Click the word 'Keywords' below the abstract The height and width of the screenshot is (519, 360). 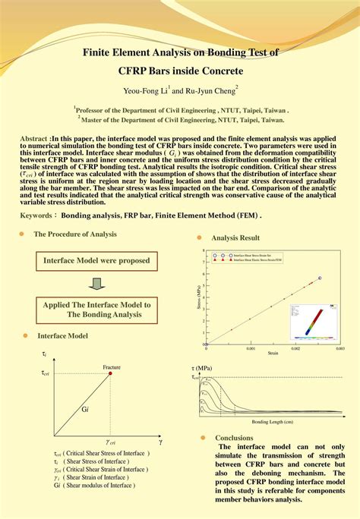38,215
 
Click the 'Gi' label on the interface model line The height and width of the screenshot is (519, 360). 85,409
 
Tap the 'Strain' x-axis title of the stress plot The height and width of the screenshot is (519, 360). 272,353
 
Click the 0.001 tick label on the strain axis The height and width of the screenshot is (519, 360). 250,348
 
